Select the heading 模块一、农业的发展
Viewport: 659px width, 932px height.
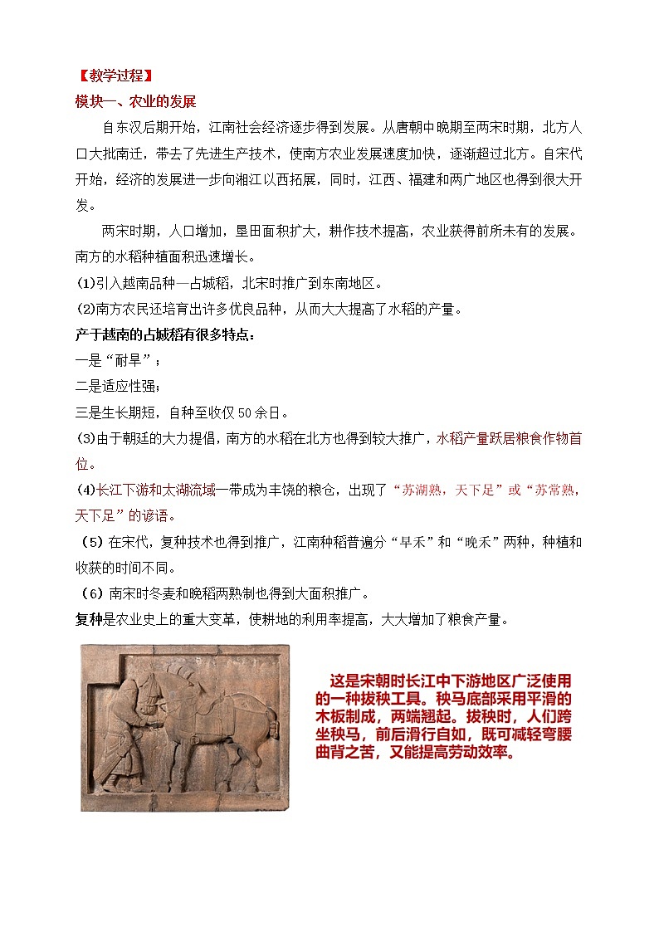pos(135,102)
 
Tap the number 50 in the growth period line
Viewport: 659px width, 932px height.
pos(246,412)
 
